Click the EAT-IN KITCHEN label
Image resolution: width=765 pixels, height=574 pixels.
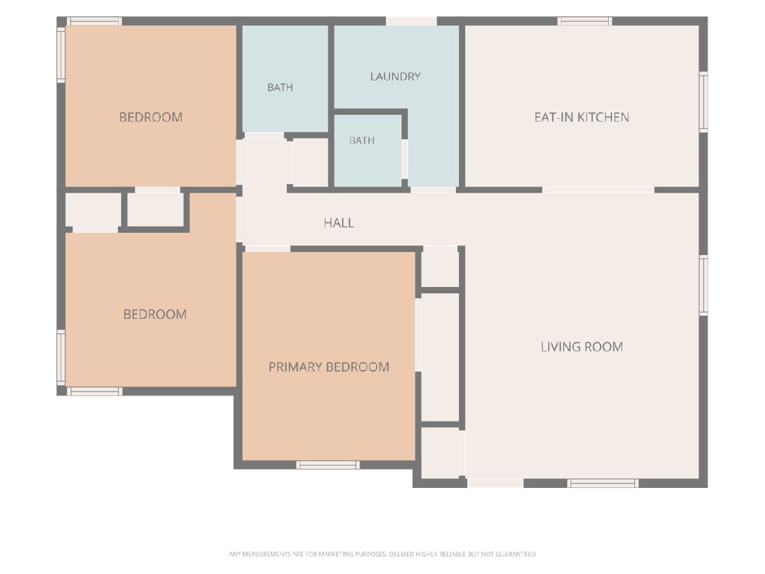(x=581, y=117)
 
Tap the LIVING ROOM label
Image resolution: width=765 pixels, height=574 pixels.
(x=581, y=347)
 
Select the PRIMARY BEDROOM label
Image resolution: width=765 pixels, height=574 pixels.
(x=329, y=367)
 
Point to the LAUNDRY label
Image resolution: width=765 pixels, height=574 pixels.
(x=395, y=77)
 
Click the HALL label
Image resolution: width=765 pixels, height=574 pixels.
(x=339, y=223)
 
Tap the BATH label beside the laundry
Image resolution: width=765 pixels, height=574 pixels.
(x=280, y=87)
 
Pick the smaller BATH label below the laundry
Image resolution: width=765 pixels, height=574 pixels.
(x=361, y=140)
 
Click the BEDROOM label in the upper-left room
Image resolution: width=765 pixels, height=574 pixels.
(x=150, y=117)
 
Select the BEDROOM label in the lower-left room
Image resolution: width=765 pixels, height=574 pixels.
(x=155, y=314)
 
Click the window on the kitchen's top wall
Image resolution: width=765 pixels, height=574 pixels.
(x=585, y=21)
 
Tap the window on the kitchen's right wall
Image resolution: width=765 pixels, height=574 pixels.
(x=703, y=102)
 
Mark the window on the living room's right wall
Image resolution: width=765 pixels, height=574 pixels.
(x=703, y=285)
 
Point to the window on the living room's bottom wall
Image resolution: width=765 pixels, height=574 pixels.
(x=602, y=483)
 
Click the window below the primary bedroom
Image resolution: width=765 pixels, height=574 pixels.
(x=328, y=464)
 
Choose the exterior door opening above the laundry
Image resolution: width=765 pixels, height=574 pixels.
(x=411, y=21)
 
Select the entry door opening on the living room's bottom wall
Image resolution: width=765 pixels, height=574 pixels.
(x=495, y=483)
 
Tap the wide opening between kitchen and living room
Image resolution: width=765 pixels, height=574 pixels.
(x=598, y=189)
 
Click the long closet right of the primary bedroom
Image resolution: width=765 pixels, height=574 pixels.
(x=440, y=357)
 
